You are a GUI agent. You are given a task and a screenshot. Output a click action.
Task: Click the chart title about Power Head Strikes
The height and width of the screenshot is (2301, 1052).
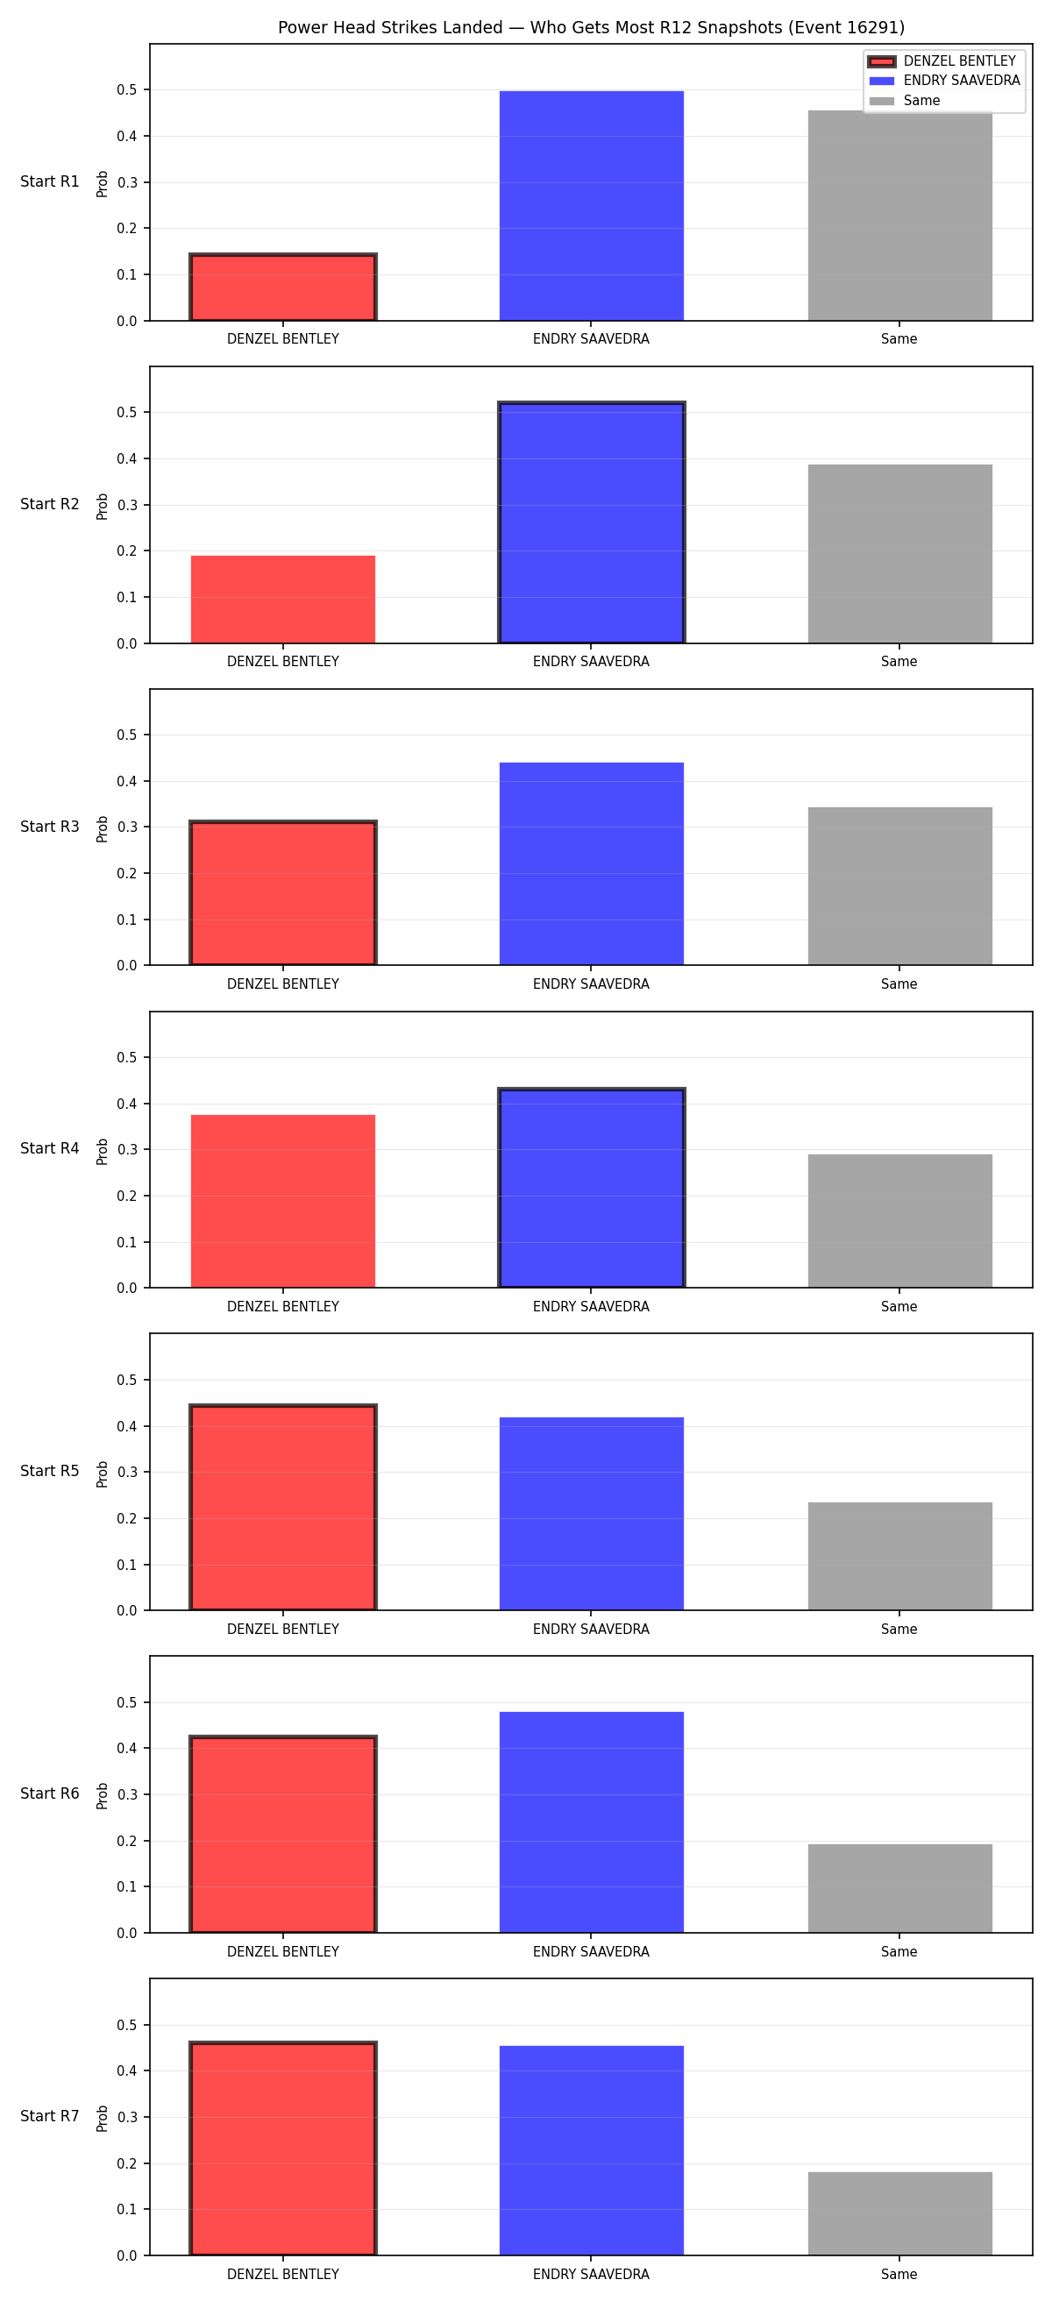pyautogui.click(x=591, y=28)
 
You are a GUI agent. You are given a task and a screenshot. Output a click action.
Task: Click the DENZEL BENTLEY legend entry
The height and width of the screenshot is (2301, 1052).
pyautogui.click(x=943, y=60)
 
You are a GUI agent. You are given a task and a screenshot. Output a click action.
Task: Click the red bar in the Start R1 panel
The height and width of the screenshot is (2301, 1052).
pyautogui.click(x=283, y=288)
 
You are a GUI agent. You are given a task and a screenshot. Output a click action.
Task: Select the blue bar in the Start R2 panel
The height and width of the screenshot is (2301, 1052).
pyautogui.click(x=591, y=522)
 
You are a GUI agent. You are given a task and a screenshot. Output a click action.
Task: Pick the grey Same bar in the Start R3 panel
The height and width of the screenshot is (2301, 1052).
pyautogui.click(x=900, y=886)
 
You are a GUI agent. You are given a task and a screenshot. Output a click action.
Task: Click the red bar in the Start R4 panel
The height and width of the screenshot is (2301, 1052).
pyautogui.click(x=283, y=1202)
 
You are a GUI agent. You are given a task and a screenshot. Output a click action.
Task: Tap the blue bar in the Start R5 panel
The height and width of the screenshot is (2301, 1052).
pyautogui.click(x=591, y=1514)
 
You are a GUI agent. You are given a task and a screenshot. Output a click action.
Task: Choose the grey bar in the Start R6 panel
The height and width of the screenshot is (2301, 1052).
pyautogui.click(x=900, y=1888)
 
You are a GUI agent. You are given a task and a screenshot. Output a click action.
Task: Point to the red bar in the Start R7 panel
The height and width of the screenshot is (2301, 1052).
pyautogui.click(x=283, y=2149)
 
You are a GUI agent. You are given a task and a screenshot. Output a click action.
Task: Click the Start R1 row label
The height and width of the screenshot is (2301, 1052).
pyautogui.click(x=50, y=182)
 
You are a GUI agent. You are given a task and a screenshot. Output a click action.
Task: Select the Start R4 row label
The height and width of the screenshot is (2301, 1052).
pyautogui.click(x=50, y=1148)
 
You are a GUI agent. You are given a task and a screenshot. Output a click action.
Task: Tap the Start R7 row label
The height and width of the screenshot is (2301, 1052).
pyautogui.click(x=50, y=2116)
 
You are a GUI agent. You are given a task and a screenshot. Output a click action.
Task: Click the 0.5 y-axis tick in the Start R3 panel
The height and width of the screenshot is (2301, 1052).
pyautogui.click(x=127, y=735)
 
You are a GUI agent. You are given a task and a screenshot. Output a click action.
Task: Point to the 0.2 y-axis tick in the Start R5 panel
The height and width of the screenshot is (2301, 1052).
pyautogui.click(x=127, y=1518)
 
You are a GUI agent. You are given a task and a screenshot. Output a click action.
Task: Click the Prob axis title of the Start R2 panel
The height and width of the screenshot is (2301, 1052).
pyautogui.click(x=103, y=507)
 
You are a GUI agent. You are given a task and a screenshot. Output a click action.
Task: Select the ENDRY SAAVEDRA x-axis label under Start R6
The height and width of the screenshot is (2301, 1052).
pyautogui.click(x=591, y=1952)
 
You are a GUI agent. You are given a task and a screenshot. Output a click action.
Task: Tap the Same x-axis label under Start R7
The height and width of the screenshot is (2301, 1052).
pyautogui.click(x=899, y=2274)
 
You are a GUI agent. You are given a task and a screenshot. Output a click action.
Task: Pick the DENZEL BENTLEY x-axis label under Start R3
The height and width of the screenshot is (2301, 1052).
pyautogui.click(x=283, y=984)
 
